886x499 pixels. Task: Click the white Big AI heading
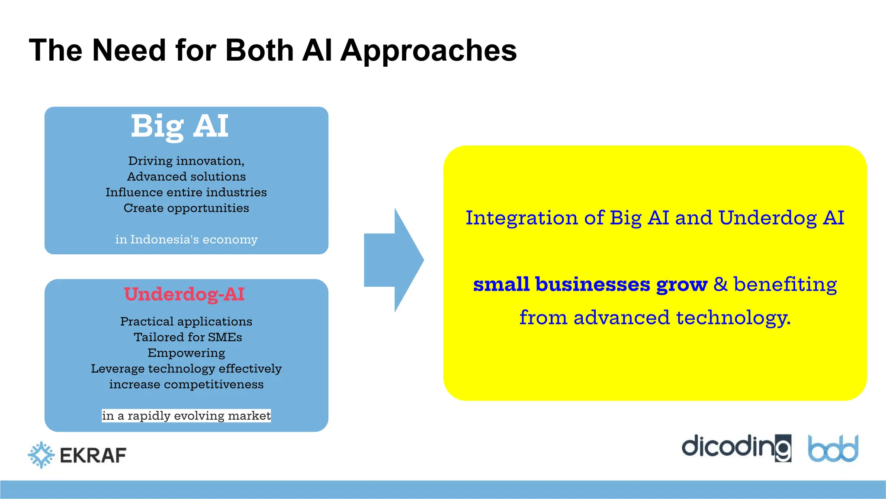(180, 126)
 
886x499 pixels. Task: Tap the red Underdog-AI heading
(184, 294)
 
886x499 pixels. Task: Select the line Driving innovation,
(186, 161)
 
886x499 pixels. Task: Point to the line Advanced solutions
(186, 177)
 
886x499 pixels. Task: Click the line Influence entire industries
(186, 192)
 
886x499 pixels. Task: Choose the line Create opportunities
(186, 208)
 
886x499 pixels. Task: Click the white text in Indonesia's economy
(186, 240)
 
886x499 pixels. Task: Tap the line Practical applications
(186, 321)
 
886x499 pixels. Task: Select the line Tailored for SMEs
(188, 337)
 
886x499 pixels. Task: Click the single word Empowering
(186, 353)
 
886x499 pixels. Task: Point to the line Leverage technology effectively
(186, 369)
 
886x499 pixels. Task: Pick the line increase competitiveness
(186, 385)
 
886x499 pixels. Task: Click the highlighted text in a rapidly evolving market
(186, 416)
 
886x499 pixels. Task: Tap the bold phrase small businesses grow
(590, 285)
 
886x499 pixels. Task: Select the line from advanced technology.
(655, 318)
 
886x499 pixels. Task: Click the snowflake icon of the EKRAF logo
(41, 455)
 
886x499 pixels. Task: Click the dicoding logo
(736, 447)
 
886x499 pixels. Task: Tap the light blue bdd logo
(833, 448)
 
